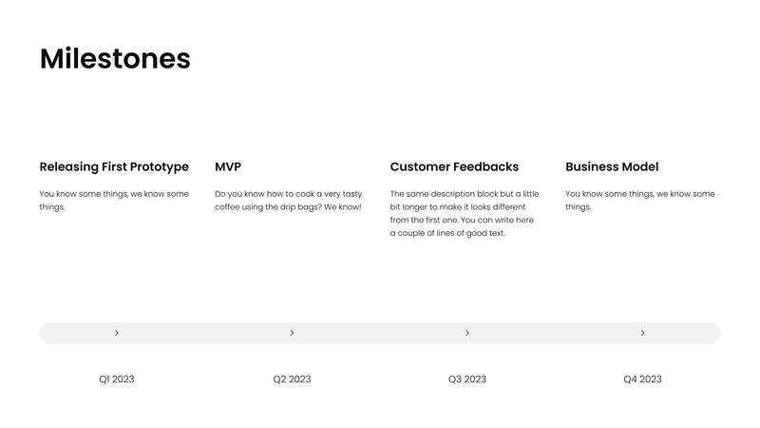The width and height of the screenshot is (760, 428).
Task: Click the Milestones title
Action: click(x=115, y=59)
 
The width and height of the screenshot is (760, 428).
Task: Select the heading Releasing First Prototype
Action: click(x=114, y=166)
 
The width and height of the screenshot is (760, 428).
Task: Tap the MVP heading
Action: click(x=228, y=166)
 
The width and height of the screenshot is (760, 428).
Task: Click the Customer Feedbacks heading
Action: click(x=454, y=166)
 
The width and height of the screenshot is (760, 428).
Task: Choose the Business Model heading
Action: click(x=612, y=166)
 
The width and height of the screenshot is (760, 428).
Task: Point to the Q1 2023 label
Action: click(x=117, y=379)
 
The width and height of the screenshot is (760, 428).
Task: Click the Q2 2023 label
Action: click(x=292, y=379)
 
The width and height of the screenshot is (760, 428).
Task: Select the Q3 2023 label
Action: click(x=467, y=379)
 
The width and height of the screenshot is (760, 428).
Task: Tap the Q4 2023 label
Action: click(x=642, y=379)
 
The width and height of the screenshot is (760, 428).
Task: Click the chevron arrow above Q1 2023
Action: click(x=117, y=333)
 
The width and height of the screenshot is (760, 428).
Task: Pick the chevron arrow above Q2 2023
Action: click(x=292, y=333)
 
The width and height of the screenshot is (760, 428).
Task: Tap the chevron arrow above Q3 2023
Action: click(x=467, y=333)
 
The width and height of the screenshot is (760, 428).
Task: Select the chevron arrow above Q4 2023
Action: click(x=643, y=333)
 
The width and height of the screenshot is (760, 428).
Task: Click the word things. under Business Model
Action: click(x=578, y=206)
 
